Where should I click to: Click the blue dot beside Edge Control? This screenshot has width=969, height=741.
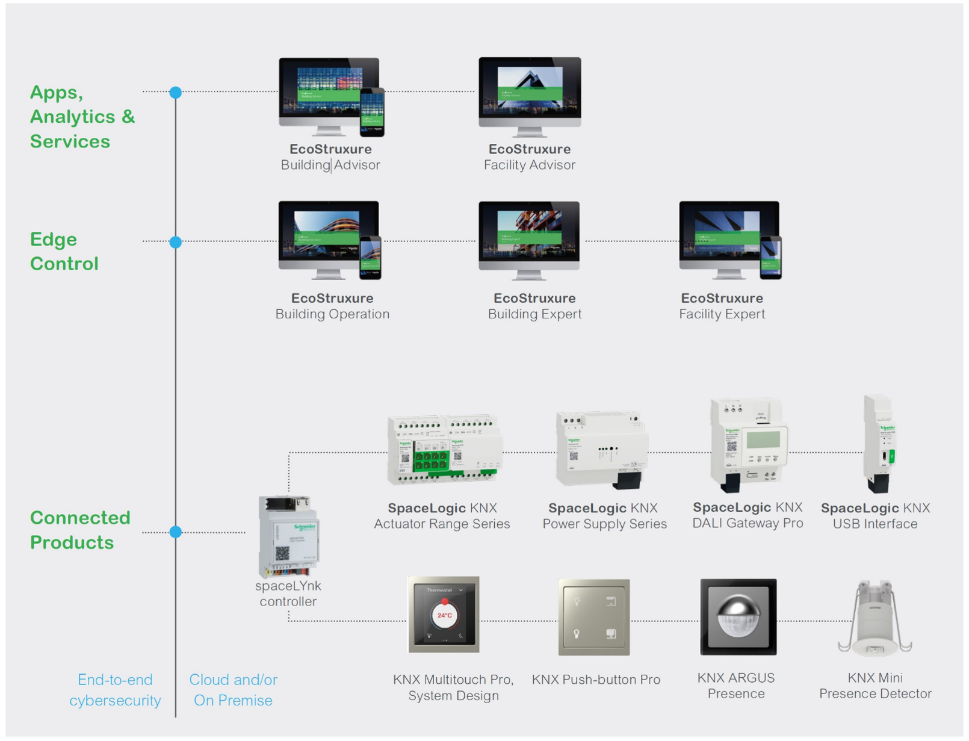click(x=176, y=242)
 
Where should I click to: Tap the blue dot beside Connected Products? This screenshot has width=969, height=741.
click(x=176, y=532)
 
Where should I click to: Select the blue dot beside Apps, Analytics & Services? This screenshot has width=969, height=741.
click(x=176, y=93)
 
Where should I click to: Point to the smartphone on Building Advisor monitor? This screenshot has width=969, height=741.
click(x=372, y=112)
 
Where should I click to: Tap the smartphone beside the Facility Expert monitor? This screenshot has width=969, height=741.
click(x=770, y=258)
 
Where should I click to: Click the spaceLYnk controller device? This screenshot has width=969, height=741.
click(x=289, y=536)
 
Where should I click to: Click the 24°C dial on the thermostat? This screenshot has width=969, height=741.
click(x=445, y=616)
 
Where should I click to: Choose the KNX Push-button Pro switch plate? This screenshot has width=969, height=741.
click(x=594, y=618)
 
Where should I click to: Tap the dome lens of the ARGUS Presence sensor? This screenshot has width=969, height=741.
click(x=738, y=615)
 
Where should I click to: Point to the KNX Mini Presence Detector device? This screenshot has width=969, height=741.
click(x=875, y=619)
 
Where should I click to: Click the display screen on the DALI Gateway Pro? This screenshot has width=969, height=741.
click(x=764, y=439)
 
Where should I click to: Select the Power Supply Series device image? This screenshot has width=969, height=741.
click(x=602, y=449)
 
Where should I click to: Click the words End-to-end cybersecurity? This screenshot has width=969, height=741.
click(x=115, y=690)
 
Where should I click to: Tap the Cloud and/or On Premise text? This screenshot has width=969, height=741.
click(x=234, y=690)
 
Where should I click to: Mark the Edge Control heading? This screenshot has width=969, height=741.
click(x=64, y=252)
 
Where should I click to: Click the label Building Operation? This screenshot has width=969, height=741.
click(x=332, y=314)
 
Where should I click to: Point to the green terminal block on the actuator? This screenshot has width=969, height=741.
click(x=431, y=461)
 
